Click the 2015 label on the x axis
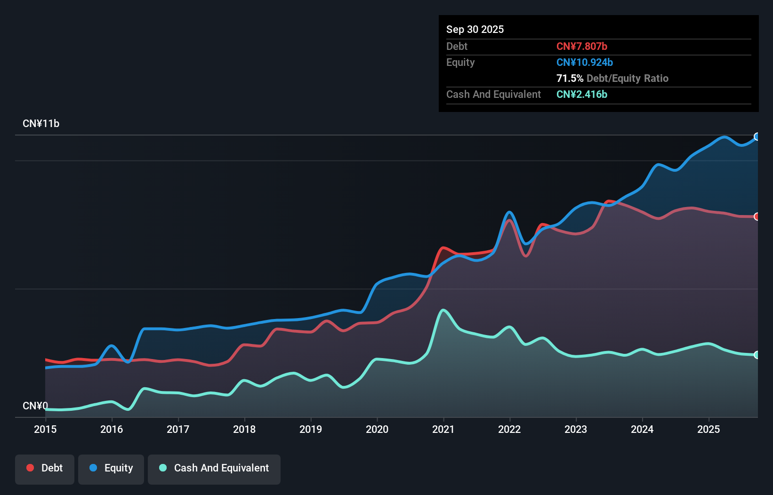tap(45, 429)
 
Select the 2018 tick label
tap(244, 429)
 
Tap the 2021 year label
tap(443, 429)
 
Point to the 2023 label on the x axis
tap(576, 429)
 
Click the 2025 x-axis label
tap(709, 429)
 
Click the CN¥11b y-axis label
tap(41, 124)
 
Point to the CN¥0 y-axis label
tap(35, 406)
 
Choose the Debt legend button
tap(45, 468)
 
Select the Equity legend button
tap(111, 468)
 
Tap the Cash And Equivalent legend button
tap(214, 468)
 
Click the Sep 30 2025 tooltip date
tap(475, 29)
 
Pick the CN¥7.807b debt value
tap(582, 46)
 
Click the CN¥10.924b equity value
tap(585, 62)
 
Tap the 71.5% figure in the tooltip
tap(570, 78)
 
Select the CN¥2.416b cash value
tap(582, 94)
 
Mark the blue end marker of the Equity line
tap(757, 136)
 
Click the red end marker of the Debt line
tap(757, 216)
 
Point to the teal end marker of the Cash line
tap(757, 355)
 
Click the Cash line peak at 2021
tap(443, 310)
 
